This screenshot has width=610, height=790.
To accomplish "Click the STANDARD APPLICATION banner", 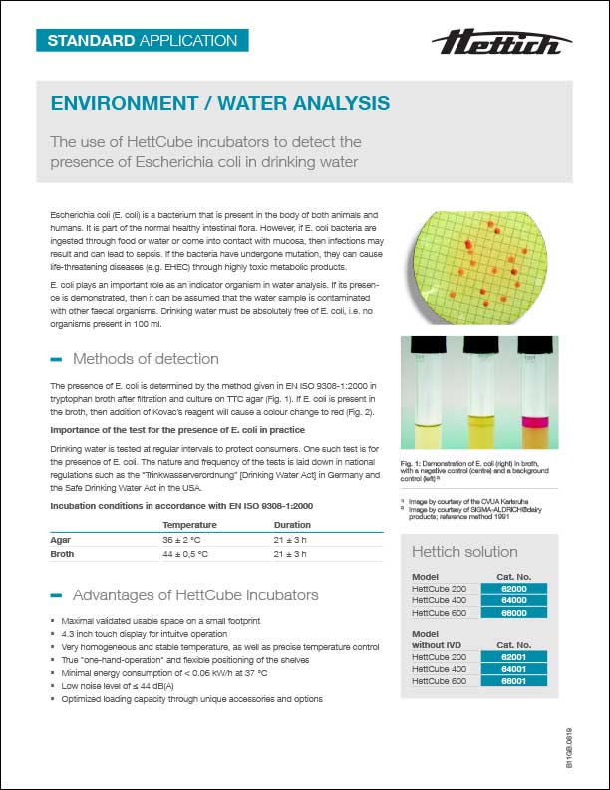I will pyautogui.click(x=143, y=41).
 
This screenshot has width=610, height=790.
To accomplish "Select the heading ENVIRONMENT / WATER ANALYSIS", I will pyautogui.click(x=219, y=104).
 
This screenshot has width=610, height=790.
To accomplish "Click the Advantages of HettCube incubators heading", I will pyautogui.click(x=195, y=595).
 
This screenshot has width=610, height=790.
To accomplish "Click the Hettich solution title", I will pyautogui.click(x=464, y=551).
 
